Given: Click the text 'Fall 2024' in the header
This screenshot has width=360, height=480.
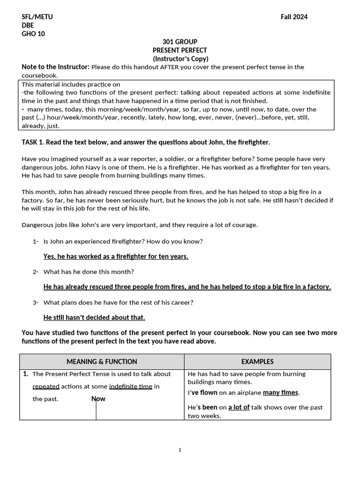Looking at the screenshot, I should pos(294,17).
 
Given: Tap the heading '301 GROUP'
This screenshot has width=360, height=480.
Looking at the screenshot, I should pos(180,42).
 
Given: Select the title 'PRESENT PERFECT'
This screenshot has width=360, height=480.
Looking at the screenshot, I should pos(180,50).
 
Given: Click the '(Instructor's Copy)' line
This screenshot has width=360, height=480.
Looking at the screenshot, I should pos(180,59).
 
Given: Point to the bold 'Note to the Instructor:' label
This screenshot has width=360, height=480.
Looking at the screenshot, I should pos(56,67).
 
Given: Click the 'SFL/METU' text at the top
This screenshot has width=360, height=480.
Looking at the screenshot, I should pos(37,17).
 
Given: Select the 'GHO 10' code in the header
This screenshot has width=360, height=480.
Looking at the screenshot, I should pos(33,34).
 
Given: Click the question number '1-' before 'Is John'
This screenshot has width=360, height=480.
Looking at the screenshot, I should pos(36,241).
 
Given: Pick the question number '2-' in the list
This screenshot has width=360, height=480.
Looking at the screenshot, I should pos(36,272).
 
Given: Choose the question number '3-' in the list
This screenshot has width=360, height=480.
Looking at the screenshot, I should pos(36,302).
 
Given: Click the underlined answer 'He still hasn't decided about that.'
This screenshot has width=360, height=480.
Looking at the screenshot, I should pos(94,317).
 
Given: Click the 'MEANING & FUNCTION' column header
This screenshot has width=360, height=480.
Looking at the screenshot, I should pos(102,361).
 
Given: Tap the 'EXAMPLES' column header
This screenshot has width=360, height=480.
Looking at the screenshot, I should pos(257,361).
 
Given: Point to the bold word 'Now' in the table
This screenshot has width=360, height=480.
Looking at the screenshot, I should pos(98,398).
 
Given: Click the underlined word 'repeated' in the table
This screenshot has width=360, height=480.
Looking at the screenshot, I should pos(46,387).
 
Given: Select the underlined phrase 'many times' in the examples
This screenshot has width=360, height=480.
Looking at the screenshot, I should pos(280,392).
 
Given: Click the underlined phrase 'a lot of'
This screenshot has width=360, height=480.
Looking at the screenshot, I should pos(239,407).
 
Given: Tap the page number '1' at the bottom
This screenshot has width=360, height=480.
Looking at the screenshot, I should pos(180,450).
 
